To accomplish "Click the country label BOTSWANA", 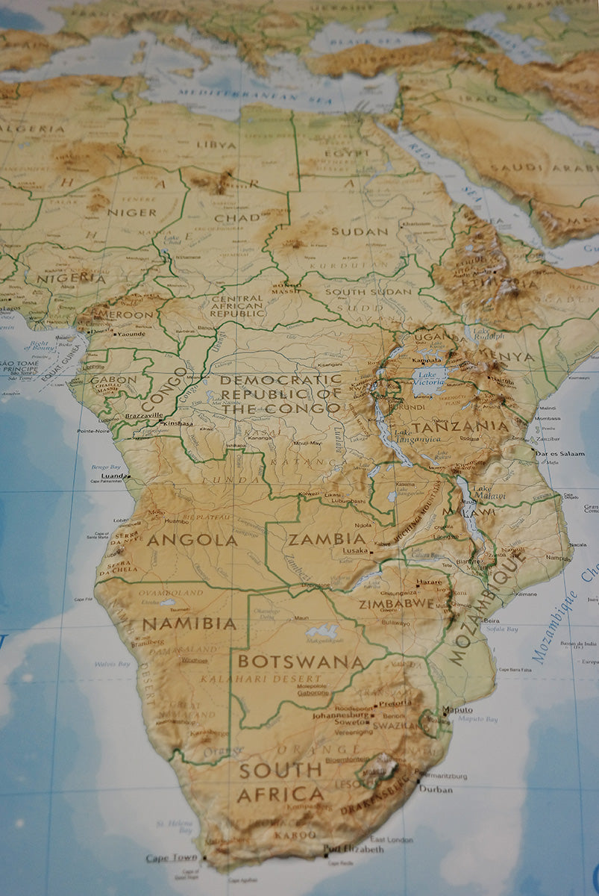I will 301,662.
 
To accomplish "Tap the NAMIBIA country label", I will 189,623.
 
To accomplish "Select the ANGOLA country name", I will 191,540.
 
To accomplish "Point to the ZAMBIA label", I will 327,538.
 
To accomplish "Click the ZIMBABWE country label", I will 396,603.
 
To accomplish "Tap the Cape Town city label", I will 172,858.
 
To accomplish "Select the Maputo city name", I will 457,709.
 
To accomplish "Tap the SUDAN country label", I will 360,231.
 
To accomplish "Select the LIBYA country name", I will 216,144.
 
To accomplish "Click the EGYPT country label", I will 347,153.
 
